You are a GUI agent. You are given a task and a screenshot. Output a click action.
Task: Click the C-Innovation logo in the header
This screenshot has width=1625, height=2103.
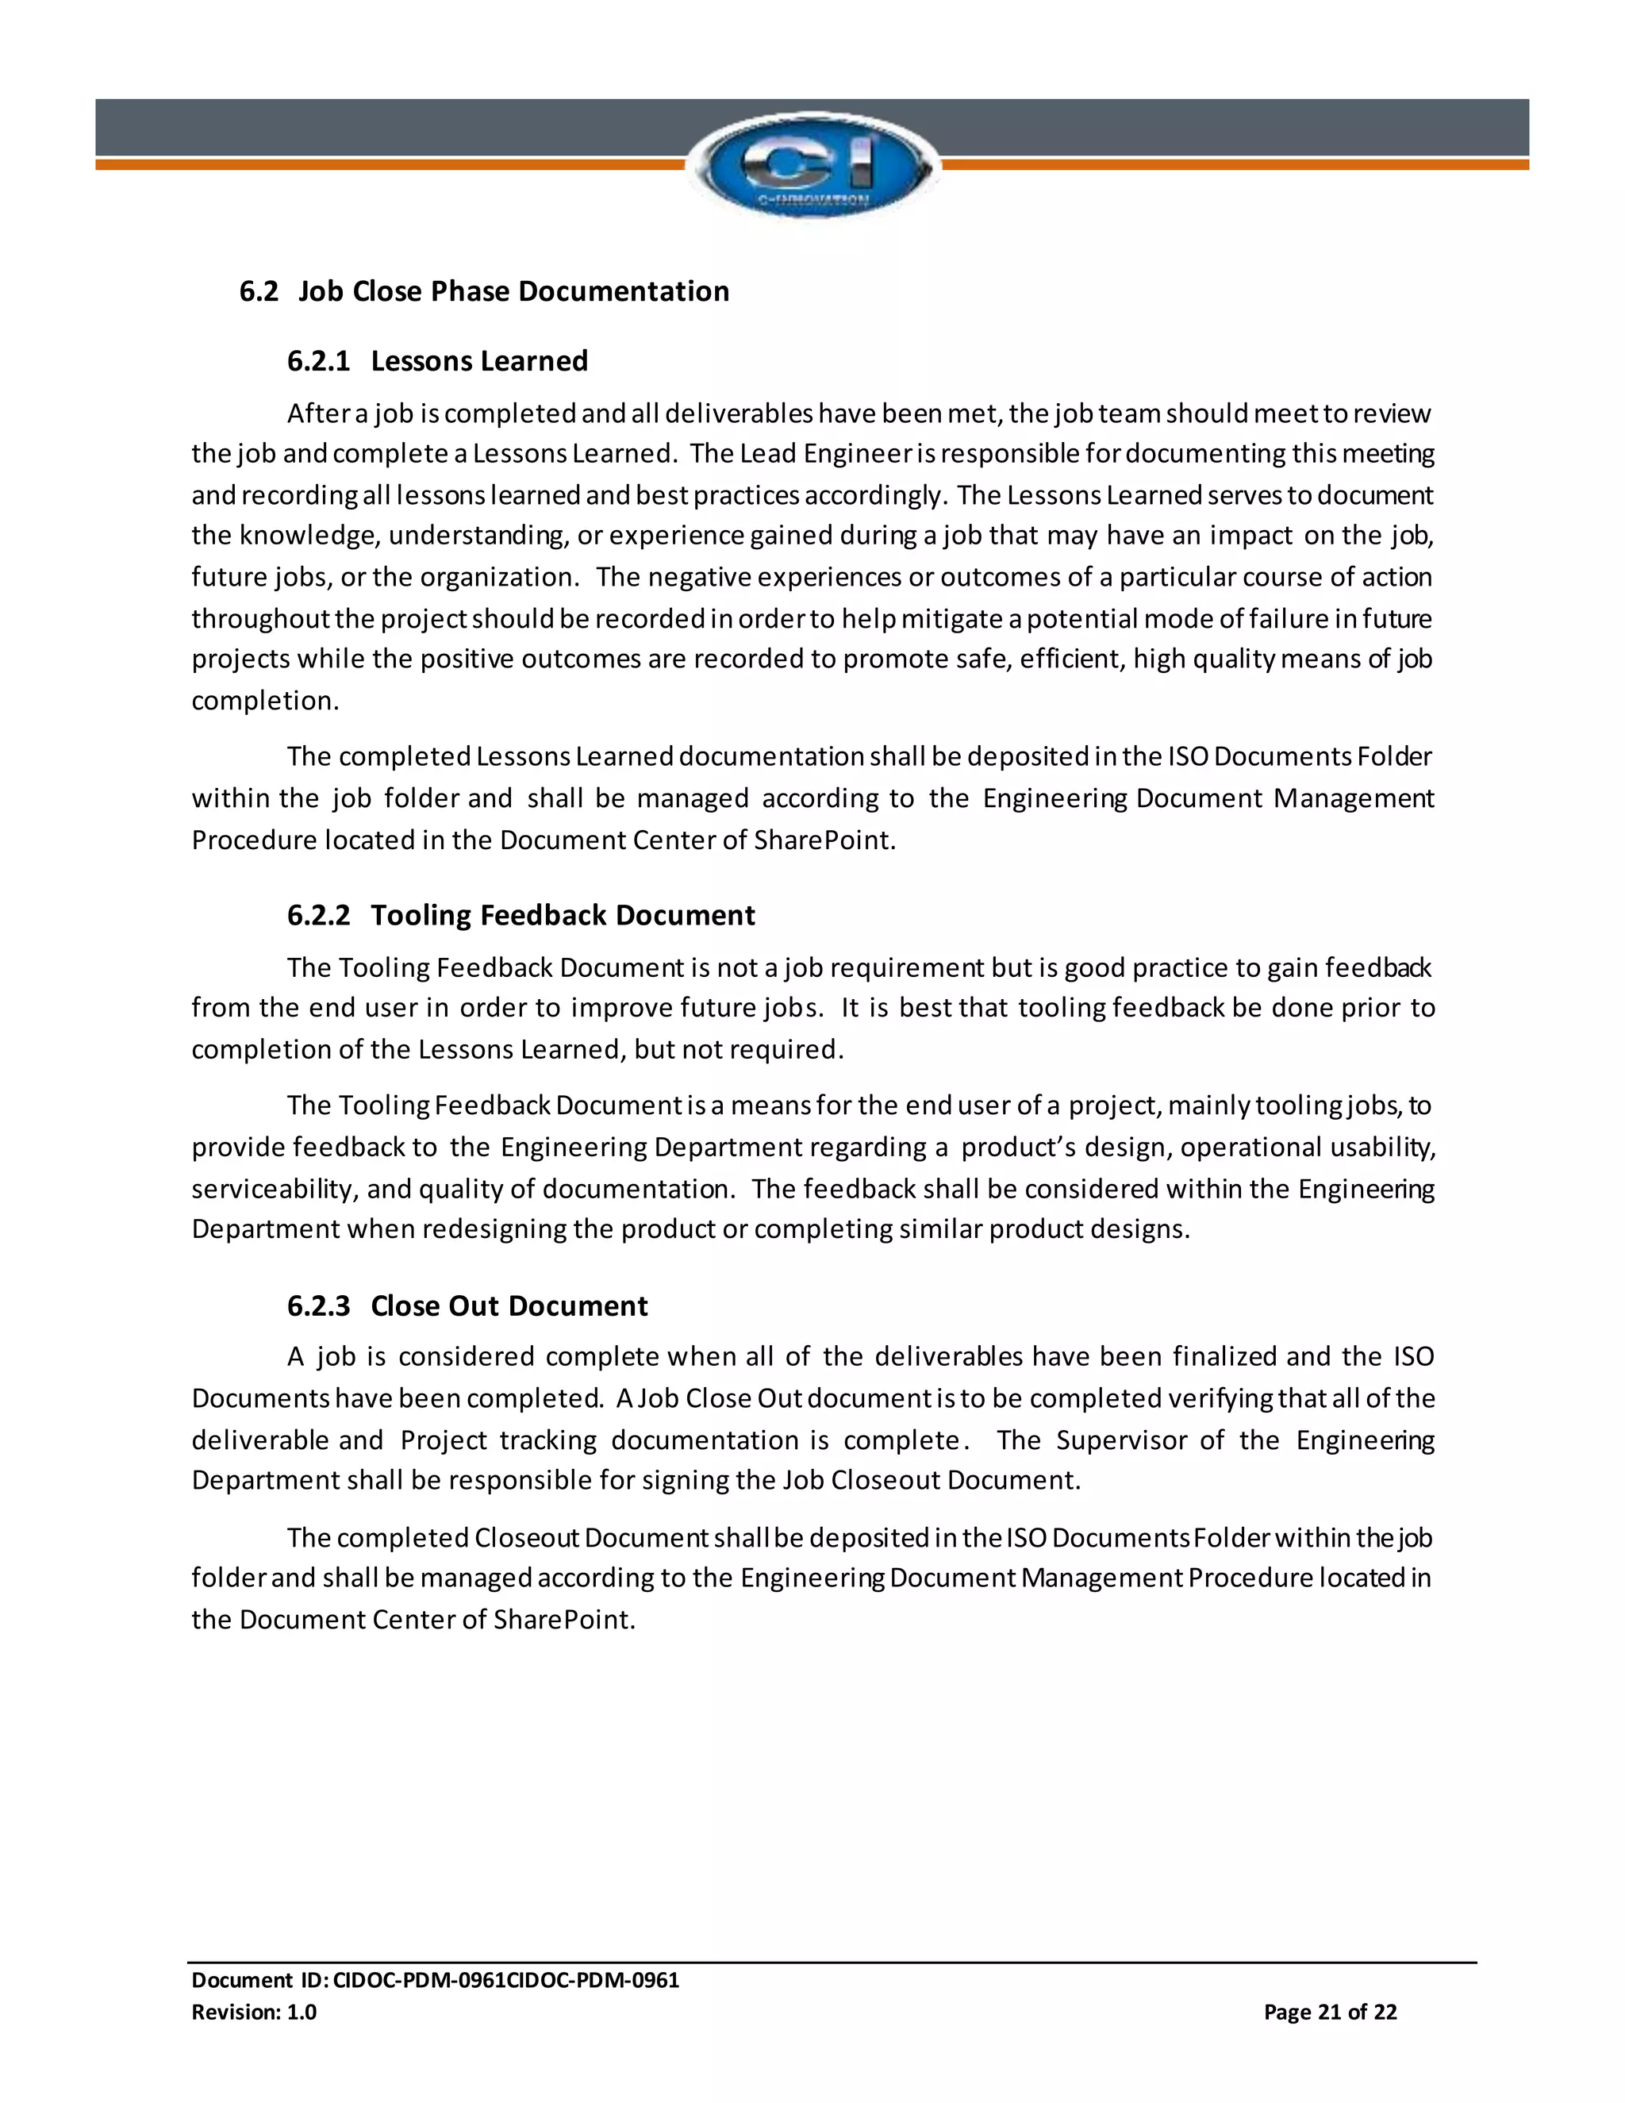(x=812, y=166)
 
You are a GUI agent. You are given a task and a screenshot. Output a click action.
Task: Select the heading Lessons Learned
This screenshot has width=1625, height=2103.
(x=478, y=361)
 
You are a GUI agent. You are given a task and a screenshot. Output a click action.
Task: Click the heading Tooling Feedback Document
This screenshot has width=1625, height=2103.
(x=563, y=915)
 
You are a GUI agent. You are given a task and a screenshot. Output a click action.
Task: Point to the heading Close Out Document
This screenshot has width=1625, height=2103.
(x=509, y=1305)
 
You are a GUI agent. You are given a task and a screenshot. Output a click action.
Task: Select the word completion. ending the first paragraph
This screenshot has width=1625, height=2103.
(x=265, y=701)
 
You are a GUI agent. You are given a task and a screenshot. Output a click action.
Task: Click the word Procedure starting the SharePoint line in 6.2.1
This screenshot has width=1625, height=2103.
(x=253, y=840)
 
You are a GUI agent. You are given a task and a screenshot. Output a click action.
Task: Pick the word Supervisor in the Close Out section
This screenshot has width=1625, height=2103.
(x=1120, y=1440)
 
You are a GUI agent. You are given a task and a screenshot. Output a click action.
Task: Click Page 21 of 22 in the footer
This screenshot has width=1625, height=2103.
(x=1330, y=2012)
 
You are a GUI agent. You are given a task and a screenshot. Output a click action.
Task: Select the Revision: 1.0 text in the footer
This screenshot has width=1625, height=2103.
(x=254, y=2012)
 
